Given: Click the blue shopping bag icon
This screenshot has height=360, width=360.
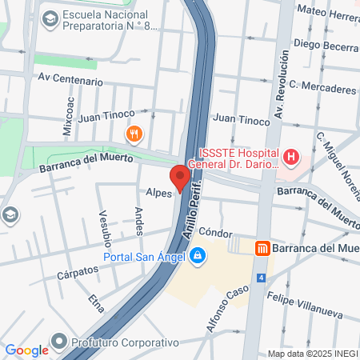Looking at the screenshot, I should pyautogui.click(x=196, y=256).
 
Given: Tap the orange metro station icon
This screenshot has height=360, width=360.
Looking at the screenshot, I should pyautogui.click(x=261, y=248).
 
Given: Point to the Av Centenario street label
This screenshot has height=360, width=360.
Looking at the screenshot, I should pyautogui.click(x=70, y=81).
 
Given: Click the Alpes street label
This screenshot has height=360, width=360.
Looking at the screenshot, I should pyautogui.click(x=159, y=192).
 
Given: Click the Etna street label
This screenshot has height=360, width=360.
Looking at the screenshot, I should pyautogui.click(x=97, y=302).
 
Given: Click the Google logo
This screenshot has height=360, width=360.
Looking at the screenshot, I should pyautogui.click(x=26, y=350).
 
